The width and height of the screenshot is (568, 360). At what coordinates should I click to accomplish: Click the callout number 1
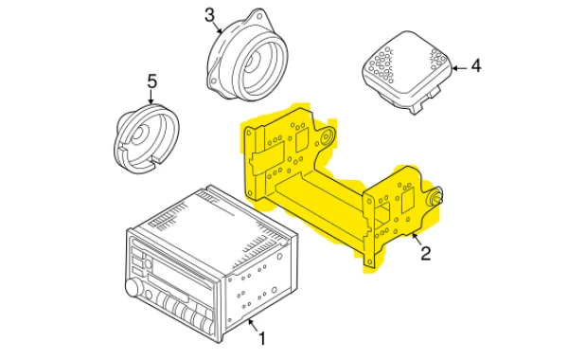(x=262, y=338)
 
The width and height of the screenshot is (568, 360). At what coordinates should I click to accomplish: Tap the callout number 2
(x=426, y=253)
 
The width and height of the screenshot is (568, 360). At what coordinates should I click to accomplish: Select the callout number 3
(x=210, y=15)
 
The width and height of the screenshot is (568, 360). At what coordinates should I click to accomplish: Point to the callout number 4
(x=476, y=66)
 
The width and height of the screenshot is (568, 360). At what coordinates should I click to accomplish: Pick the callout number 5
(x=152, y=81)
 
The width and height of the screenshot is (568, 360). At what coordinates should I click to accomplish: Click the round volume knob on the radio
(x=133, y=288)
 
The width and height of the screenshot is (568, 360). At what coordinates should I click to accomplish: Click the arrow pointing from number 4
(x=460, y=67)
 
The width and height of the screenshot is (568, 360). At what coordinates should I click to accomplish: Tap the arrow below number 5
(x=151, y=97)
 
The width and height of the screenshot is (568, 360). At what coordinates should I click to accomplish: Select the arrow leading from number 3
(x=218, y=27)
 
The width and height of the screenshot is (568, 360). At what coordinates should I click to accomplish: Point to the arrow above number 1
(x=254, y=324)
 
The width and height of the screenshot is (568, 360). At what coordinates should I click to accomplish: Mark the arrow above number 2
(x=417, y=239)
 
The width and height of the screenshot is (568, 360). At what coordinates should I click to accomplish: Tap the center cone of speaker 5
(x=141, y=133)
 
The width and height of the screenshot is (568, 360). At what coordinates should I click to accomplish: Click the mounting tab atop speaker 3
(x=258, y=16)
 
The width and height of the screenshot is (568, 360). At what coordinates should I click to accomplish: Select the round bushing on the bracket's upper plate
(x=327, y=136)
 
